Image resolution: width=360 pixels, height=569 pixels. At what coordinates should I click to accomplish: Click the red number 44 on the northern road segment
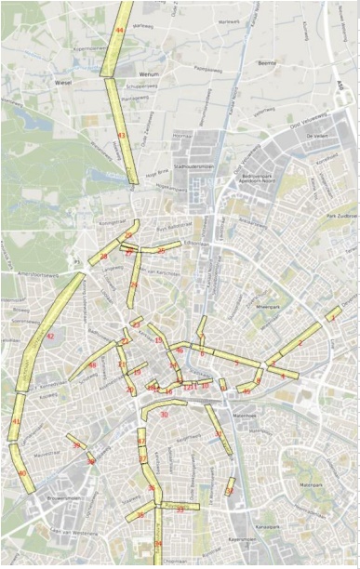(x=119, y=31)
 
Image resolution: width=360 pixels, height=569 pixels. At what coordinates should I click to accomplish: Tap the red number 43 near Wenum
(x=122, y=136)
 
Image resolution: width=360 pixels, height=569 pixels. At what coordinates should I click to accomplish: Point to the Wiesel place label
(x=63, y=82)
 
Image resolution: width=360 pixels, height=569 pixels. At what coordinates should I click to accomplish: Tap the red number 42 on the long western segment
(x=50, y=336)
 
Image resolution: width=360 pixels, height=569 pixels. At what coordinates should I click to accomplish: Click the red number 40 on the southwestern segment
(x=21, y=473)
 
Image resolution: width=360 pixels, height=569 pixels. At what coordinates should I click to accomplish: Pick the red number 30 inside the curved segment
(x=164, y=414)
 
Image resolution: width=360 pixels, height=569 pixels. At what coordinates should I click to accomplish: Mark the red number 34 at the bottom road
(x=158, y=543)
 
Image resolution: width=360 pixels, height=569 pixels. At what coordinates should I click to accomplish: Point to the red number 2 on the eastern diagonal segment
(x=300, y=343)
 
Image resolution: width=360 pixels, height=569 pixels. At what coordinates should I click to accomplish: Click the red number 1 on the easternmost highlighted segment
(x=331, y=319)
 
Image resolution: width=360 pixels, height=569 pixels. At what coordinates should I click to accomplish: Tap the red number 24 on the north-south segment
(x=134, y=284)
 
